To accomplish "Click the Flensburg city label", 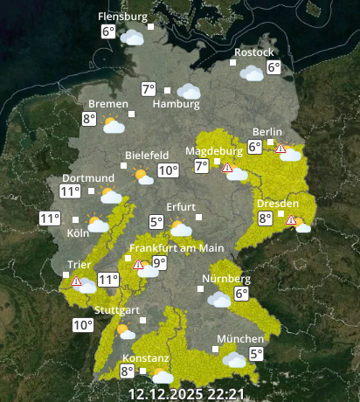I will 121,17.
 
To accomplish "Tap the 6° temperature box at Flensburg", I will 108,32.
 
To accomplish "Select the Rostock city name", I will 253,52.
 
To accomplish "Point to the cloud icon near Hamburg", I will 188,91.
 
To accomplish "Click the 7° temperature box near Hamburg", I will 149,89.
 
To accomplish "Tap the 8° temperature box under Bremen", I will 89,119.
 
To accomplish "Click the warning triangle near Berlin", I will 280,149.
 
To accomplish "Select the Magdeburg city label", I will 213,150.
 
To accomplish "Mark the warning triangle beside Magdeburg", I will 227,167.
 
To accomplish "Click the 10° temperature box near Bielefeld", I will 168,170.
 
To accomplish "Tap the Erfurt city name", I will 181,206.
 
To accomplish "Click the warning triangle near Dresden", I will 298,222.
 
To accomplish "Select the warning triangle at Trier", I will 77,281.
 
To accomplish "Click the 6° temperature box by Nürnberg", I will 242,295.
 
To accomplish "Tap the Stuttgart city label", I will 116,311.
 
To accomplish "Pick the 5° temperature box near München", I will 256,354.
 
